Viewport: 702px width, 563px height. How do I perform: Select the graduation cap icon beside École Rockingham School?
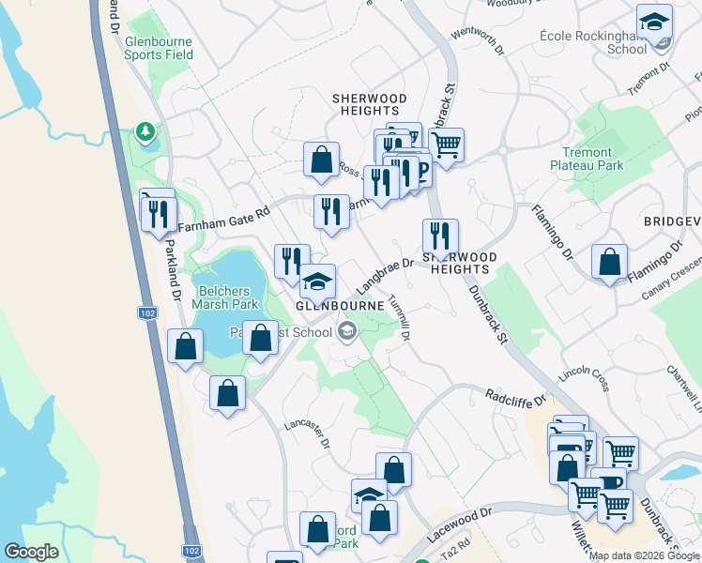654,23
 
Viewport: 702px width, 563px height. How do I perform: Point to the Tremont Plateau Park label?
592,159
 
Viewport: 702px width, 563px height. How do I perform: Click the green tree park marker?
145,132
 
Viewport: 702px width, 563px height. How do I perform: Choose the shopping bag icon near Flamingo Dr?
610,262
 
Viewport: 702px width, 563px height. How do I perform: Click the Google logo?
31,552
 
